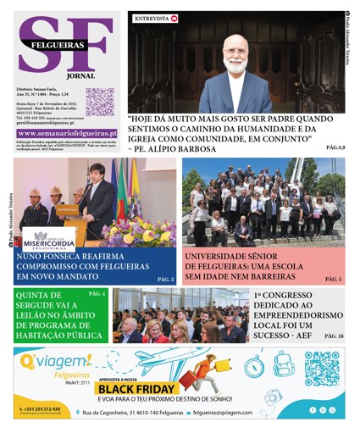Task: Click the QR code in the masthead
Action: pyautogui.click(x=99, y=101)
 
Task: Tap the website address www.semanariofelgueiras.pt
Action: pyautogui.click(x=67, y=133)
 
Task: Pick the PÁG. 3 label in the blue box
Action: pyautogui.click(x=165, y=279)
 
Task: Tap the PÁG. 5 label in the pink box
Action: pyautogui.click(x=334, y=279)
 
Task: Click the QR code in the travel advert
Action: pyautogui.click(x=322, y=369)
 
